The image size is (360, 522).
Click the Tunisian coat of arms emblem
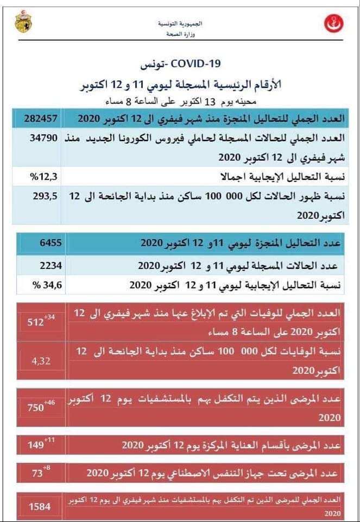pyautogui.click(x=23, y=22)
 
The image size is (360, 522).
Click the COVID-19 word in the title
pyautogui.click(x=195, y=64)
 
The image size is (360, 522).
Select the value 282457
pyautogui.click(x=41, y=118)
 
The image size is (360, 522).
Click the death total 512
pyautogui.click(x=35, y=323)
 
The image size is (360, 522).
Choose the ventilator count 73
pyautogui.click(x=37, y=474)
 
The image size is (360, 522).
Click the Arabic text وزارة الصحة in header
pyautogui.click(x=179, y=34)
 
